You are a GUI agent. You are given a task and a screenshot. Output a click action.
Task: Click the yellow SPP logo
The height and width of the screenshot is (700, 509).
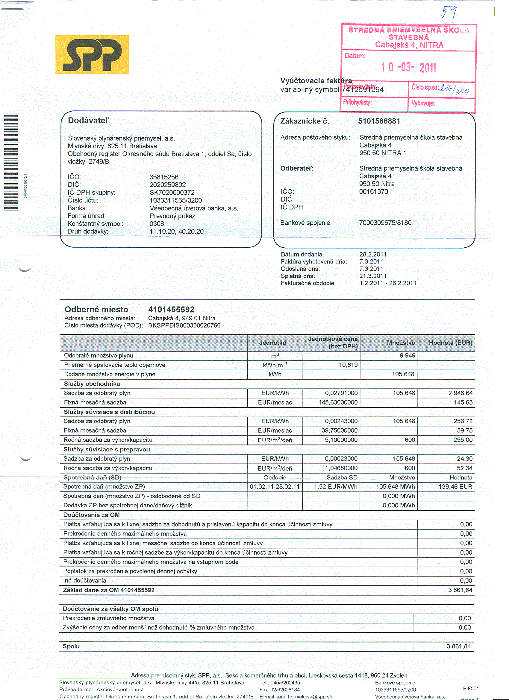92,54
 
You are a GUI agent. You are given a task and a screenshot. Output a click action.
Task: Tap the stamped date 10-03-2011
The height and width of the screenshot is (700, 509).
408,67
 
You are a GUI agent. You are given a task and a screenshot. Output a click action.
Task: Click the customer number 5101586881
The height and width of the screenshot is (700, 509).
379,121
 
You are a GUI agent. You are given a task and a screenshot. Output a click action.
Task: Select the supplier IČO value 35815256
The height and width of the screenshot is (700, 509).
164,177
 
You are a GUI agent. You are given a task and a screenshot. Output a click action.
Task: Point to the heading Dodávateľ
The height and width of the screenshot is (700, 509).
88,120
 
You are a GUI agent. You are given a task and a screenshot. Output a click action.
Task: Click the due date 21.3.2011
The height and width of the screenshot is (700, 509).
373,276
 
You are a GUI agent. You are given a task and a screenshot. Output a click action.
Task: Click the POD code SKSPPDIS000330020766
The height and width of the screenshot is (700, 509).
184,325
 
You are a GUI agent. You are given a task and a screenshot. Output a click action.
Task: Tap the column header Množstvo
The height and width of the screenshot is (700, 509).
401,343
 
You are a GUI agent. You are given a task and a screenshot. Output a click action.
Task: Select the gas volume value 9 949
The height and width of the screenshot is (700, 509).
407,355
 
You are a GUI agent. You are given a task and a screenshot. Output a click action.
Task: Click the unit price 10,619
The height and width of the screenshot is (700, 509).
348,365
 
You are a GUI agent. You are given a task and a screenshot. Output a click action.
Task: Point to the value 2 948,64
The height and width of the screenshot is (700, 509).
460,393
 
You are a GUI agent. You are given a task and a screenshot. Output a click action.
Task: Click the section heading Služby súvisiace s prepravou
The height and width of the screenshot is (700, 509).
107,449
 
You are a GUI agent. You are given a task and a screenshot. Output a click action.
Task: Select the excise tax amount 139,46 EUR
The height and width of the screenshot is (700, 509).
455,487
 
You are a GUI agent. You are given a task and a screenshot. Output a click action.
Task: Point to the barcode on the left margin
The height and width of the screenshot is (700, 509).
11,162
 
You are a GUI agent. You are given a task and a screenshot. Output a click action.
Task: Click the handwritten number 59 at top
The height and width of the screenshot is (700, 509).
449,13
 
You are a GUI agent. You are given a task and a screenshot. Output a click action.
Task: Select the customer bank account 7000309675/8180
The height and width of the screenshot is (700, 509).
385,223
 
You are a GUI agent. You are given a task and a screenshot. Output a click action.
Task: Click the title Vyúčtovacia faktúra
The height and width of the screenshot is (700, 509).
316,80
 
